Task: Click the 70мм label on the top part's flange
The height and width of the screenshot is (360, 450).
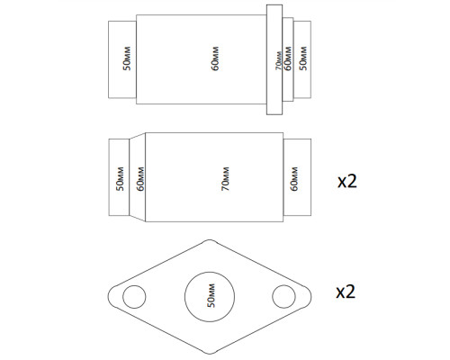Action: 279,60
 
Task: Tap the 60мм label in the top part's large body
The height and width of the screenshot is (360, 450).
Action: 215,58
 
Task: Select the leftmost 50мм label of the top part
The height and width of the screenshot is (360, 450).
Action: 127,58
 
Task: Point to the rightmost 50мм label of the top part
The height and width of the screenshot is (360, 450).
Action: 303,58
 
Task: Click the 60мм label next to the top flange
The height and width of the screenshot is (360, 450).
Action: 288,58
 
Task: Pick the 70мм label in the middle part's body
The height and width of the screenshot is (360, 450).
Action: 225,179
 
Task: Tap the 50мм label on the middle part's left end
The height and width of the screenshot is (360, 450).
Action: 120,179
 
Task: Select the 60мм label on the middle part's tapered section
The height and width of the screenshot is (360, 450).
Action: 140,179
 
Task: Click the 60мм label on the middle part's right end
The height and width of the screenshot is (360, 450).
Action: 294,179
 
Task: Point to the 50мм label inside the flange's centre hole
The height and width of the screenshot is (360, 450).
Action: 211,295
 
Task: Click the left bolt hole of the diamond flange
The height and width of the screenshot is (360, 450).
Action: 134,297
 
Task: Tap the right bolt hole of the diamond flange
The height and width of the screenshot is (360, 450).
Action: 283,296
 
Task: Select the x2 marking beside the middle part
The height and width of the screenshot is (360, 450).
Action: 347,182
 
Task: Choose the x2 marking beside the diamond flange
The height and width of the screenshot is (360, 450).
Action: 346,292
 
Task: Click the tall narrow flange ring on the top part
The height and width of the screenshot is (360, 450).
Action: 274,59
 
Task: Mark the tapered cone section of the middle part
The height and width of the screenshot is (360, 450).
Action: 137,177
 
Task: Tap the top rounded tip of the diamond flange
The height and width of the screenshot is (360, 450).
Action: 210,240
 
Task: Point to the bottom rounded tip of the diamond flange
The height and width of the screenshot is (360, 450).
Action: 210,354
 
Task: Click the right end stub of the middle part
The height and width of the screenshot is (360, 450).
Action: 297,177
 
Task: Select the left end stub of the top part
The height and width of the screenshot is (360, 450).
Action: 122,59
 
